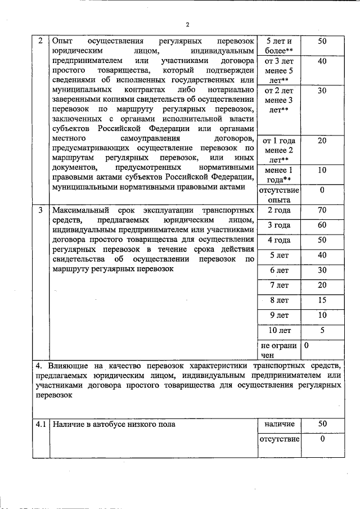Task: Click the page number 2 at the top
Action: click(x=188, y=24)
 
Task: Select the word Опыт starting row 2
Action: click(x=62, y=42)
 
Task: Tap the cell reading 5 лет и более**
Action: click(x=278, y=46)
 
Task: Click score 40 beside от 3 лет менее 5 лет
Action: click(x=322, y=61)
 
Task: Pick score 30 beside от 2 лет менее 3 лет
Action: click(x=322, y=90)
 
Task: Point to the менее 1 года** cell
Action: click(x=278, y=174)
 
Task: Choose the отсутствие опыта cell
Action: click(x=278, y=194)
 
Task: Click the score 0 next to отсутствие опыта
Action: click(x=322, y=190)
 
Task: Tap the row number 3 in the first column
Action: click(x=40, y=210)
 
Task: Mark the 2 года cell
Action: click(x=278, y=210)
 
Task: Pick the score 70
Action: click(x=322, y=210)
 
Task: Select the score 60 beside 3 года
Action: click(x=322, y=225)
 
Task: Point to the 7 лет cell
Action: click(x=278, y=285)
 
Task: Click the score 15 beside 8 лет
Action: click(x=322, y=300)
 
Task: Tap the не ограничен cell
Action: click(x=278, y=350)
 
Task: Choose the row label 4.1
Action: click(x=40, y=424)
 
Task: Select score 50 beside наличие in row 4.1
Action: click(x=322, y=424)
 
